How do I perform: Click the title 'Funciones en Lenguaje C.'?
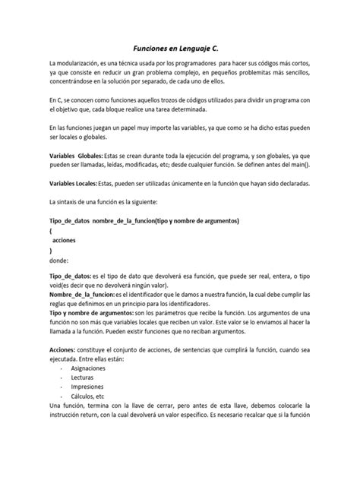click(x=179, y=47)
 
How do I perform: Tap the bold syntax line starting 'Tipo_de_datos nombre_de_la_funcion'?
click(x=144, y=220)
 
